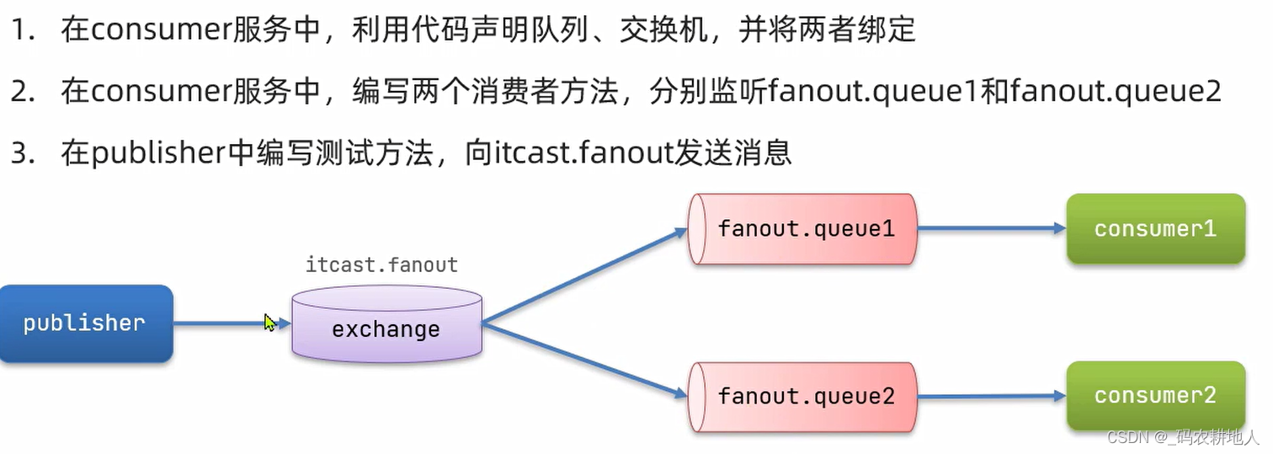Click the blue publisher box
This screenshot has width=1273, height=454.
(85, 323)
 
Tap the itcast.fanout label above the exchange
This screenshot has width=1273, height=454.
(381, 265)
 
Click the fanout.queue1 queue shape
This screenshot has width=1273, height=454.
(805, 229)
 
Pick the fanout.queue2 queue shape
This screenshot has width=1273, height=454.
(805, 396)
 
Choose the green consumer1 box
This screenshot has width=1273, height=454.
(1155, 229)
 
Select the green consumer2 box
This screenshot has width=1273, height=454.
(1155, 396)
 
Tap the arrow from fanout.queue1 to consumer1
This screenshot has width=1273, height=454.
(989, 228)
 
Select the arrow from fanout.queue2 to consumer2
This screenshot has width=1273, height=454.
(989, 395)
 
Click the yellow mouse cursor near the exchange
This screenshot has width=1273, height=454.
(269, 323)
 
